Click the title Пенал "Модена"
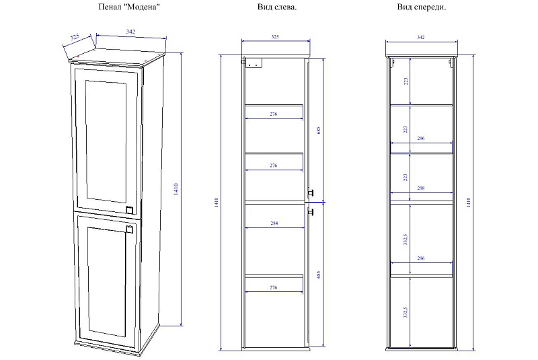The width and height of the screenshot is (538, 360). click(x=129, y=7)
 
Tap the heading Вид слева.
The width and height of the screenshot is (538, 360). click(x=277, y=7)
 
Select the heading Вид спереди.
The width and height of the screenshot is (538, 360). click(x=422, y=7)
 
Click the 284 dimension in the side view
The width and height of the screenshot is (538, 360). click(x=274, y=223)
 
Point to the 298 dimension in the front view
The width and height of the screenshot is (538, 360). click(x=421, y=188)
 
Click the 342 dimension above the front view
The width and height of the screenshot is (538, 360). click(x=421, y=37)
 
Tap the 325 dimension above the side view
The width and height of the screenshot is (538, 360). click(x=275, y=37)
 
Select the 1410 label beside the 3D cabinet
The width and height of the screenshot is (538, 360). click(x=176, y=189)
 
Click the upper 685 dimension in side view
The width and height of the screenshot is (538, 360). click(x=318, y=131)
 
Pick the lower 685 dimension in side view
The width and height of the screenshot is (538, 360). click(x=318, y=275)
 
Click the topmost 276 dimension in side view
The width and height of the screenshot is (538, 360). click(x=274, y=114)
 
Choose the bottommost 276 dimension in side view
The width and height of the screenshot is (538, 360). click(x=274, y=287)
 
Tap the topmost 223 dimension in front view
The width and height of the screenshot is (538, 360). click(x=406, y=81)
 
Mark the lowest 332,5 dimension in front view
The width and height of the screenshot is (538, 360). click(x=406, y=312)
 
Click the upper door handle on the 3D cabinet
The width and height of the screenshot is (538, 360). click(x=129, y=210)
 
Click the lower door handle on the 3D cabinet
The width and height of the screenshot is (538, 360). click(x=129, y=229)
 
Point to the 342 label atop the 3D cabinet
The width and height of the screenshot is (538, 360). click(x=130, y=32)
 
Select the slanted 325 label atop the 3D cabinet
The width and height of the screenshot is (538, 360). click(x=75, y=37)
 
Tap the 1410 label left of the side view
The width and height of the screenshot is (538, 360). click(x=216, y=202)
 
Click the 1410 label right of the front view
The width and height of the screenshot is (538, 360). click(x=469, y=202)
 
